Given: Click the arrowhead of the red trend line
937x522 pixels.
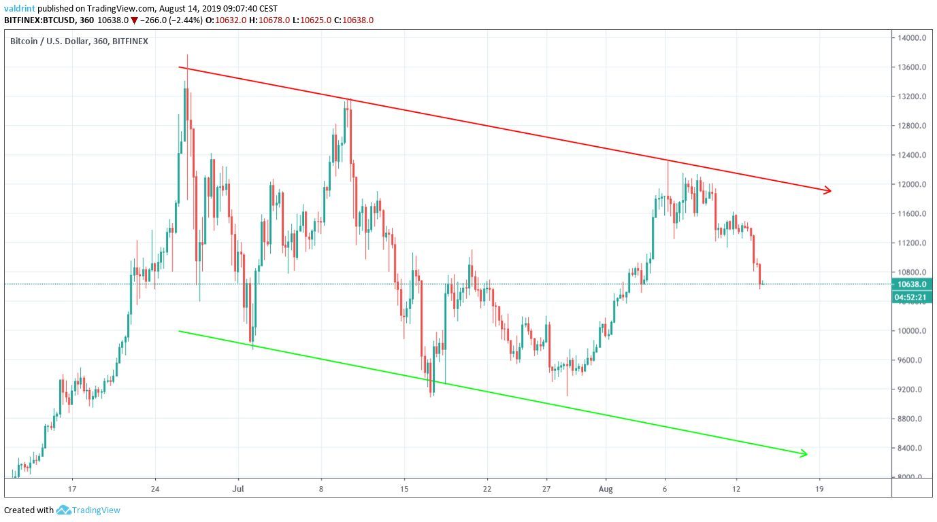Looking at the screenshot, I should pos(828,190).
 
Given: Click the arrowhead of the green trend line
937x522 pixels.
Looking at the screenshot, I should pos(804,453).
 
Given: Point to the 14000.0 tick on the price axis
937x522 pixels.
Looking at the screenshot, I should pos(911,38).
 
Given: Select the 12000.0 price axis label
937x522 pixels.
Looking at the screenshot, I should pos(911,185).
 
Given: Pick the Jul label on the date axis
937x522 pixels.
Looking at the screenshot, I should pos(238,488).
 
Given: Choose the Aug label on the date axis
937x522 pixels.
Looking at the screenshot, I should pos(606,488).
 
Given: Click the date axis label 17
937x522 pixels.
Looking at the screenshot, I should pos(71,488).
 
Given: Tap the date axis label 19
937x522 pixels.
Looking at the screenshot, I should pos(819,488).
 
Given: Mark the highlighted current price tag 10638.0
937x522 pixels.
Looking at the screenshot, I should pos(911,285).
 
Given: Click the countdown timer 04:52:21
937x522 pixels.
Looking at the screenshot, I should pos(911,297).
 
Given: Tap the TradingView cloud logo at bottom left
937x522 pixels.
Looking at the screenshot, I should pos(64,510).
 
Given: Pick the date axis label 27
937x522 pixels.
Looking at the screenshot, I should pos(546,488).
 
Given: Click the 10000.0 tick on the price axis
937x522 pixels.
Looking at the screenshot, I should pos(911,332).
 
